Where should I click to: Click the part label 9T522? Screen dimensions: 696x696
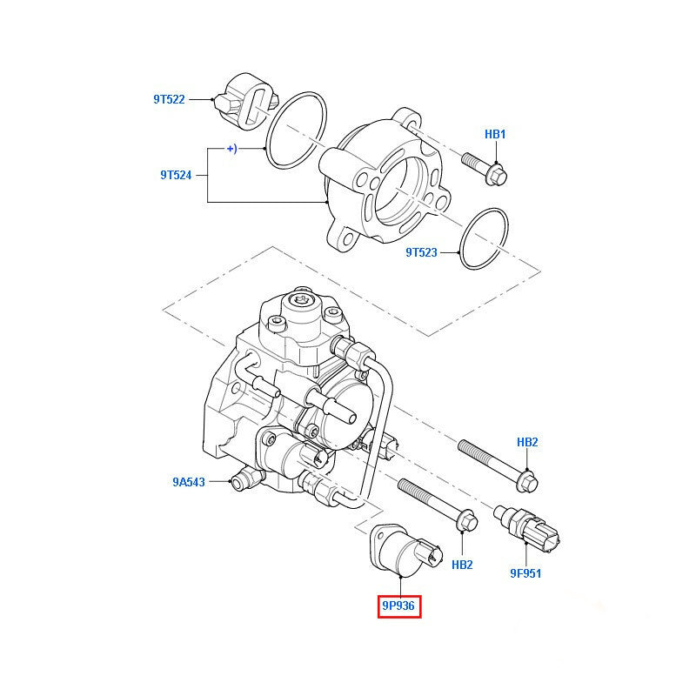tap(169, 99)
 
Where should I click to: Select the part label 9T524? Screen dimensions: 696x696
tap(175, 175)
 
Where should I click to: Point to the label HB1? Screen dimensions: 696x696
tap(495, 134)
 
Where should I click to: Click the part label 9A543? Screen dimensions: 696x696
tap(188, 482)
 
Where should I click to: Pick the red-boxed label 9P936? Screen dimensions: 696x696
tap(399, 606)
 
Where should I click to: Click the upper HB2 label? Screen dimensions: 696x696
tap(527, 442)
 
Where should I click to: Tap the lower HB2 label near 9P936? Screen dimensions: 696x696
tap(462, 565)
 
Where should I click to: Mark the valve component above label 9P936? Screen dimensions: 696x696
tap(402, 549)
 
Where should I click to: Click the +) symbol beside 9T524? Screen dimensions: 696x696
tap(231, 149)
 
